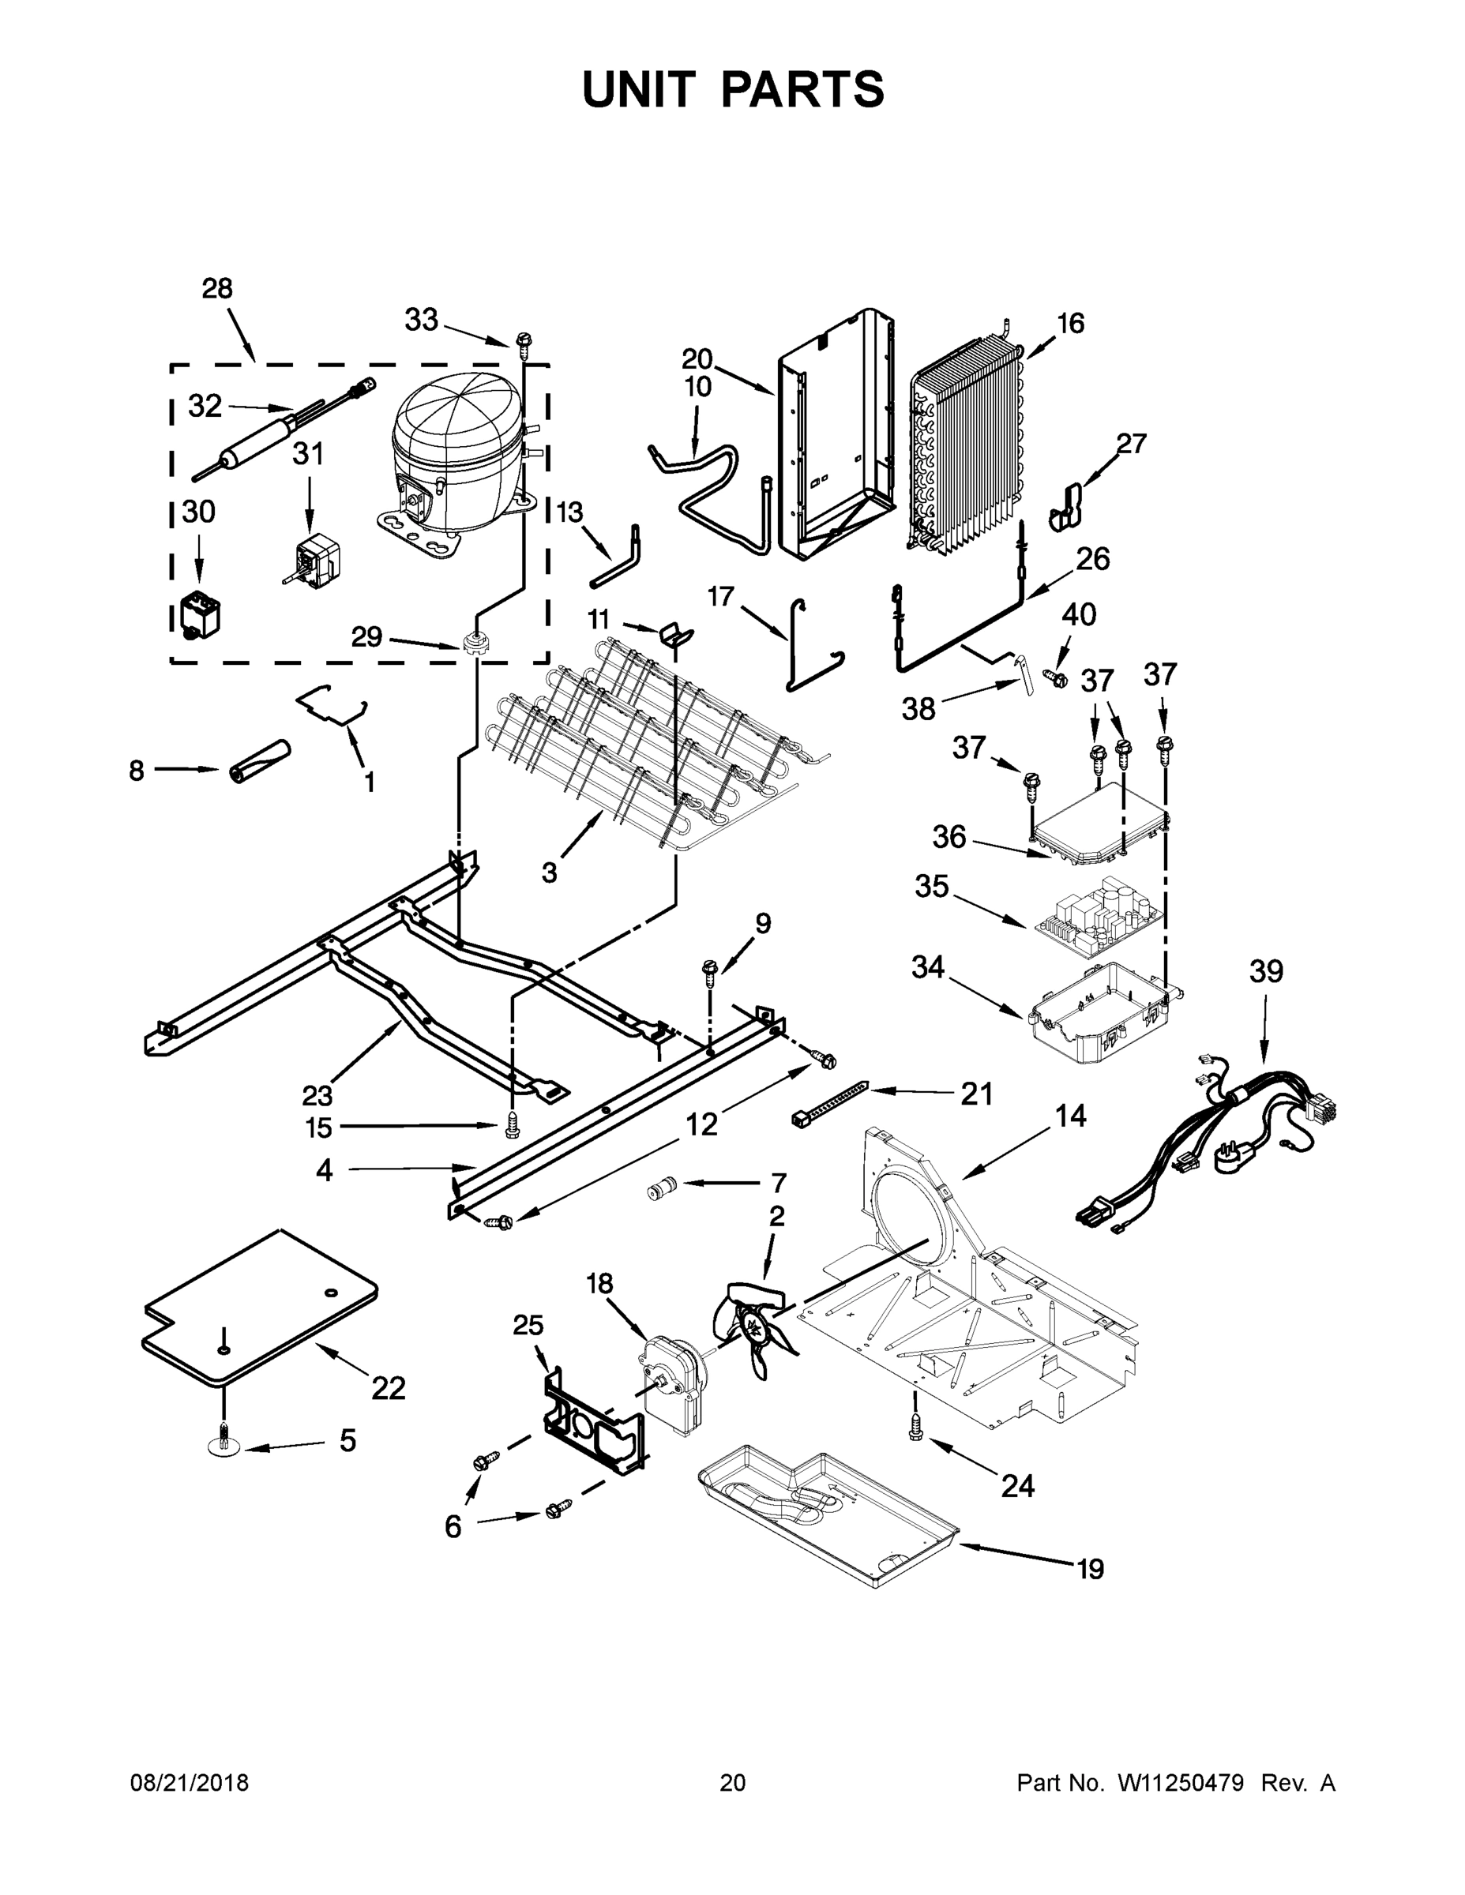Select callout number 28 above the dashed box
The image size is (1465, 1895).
[x=217, y=289]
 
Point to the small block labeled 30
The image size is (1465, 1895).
[x=199, y=614]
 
